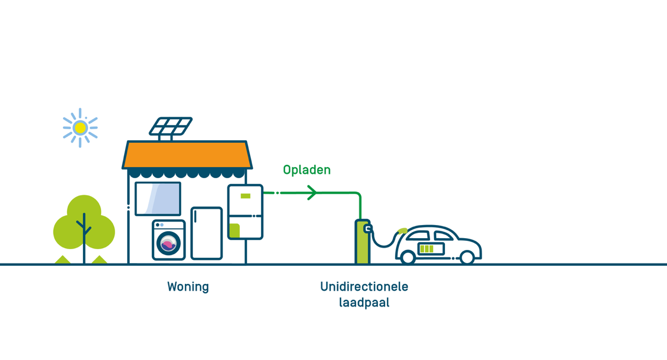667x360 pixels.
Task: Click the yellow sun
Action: point(80,128)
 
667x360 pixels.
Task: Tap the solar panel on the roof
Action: point(171,126)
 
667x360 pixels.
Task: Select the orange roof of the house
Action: point(187,155)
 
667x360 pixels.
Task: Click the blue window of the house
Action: point(158,198)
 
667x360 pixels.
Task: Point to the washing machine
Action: point(169,240)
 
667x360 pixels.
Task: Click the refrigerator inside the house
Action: point(206,233)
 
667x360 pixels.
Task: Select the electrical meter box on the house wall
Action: point(245,212)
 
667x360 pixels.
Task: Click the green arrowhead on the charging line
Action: point(312,193)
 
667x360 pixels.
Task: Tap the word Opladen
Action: point(307,170)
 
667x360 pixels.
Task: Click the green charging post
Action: point(362,242)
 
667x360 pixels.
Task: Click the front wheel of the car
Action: point(467,257)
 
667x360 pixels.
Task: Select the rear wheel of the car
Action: point(407,257)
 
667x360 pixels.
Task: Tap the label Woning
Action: point(188,287)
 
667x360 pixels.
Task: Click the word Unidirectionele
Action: point(364,287)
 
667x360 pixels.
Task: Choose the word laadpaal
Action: point(364,303)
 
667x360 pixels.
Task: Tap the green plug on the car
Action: point(402,230)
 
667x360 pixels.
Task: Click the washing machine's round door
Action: point(168,243)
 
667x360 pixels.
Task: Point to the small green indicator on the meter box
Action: point(245,196)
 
